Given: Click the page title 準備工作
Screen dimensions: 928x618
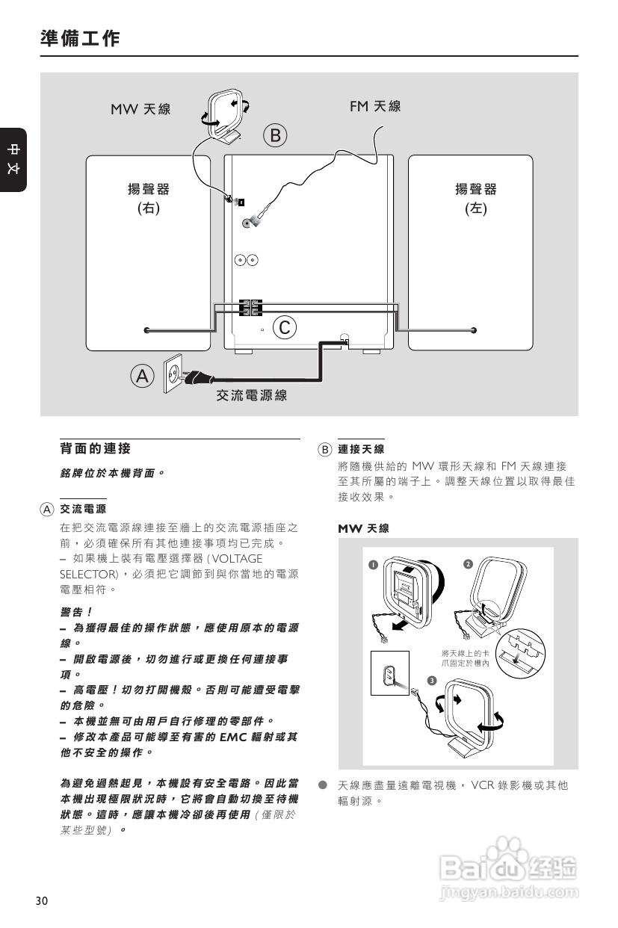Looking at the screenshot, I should tap(80, 39).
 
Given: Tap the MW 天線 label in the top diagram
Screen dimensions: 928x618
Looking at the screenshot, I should tap(140, 109).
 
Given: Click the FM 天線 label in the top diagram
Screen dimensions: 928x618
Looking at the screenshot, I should tap(375, 106).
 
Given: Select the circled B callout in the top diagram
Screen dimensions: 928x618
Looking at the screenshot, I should tap(275, 135).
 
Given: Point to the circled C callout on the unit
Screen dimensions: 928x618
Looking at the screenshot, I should tap(285, 327).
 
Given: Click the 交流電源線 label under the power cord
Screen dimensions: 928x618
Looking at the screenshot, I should tap(252, 395).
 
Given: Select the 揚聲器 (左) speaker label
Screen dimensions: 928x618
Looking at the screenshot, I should tap(476, 199).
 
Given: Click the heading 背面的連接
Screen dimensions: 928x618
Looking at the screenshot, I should tap(95, 448).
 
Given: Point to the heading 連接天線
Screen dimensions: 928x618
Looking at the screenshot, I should tap(361, 449).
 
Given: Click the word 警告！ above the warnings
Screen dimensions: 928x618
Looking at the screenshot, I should tap(75, 611).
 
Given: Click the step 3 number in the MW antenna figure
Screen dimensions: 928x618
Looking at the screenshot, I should tap(432, 679).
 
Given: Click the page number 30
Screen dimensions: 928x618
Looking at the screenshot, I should tap(41, 900).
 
